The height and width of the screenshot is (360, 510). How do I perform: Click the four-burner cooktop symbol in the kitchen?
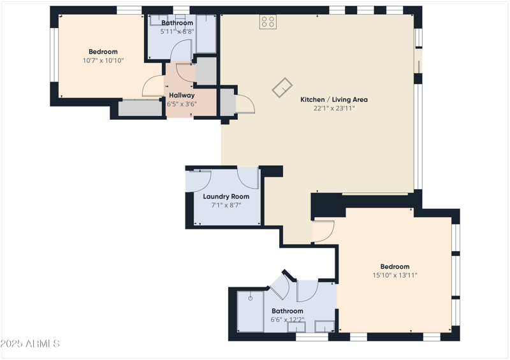268,22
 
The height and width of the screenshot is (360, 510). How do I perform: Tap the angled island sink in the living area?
281,88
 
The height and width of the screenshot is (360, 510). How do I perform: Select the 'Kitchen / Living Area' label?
333,99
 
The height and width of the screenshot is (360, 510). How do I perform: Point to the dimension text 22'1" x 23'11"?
333,108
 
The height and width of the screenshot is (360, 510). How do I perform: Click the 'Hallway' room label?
182,95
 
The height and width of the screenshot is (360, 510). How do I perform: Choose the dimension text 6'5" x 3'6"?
182,104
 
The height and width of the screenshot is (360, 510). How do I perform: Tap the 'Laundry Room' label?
226,196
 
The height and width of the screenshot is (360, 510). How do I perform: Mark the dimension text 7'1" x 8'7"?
226,205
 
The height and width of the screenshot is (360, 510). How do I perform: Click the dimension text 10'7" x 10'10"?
103,61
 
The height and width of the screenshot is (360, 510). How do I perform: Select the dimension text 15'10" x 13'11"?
395,275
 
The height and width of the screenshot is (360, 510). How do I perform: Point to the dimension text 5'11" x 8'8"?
177,31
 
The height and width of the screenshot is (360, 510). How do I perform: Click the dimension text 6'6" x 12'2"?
288,320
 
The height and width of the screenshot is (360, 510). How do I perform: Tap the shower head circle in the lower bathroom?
251,298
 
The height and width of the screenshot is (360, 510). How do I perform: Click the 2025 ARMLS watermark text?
30,343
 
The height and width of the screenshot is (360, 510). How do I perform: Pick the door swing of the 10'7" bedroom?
153,86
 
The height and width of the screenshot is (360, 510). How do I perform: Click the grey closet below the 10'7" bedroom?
140,108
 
